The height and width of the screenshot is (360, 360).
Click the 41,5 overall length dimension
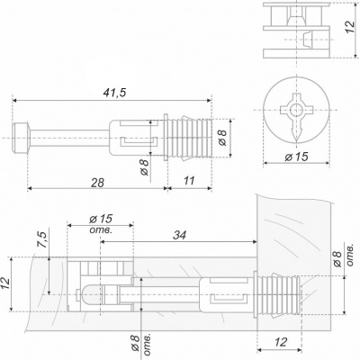[x=114, y=93]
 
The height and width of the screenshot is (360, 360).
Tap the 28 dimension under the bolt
[x=98, y=183]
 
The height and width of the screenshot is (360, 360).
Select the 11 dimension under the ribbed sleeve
[x=189, y=181]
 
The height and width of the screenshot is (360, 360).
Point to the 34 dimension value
[x=179, y=235]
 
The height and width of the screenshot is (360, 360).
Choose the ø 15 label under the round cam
[x=296, y=157]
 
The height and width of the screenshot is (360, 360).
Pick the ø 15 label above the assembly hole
[x=101, y=219]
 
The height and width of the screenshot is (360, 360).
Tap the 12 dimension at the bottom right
[x=281, y=342]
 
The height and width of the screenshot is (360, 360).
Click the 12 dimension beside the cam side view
[x=350, y=27]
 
